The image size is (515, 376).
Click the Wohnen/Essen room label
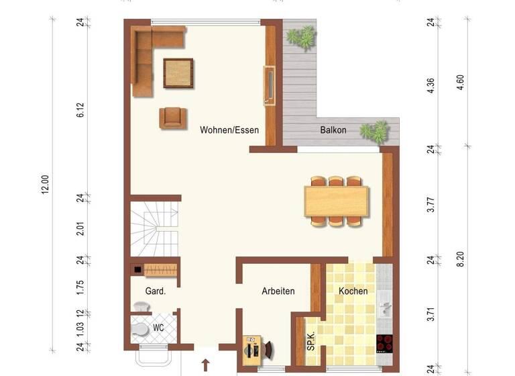[x=229, y=130]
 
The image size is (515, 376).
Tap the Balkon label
[x=333, y=130]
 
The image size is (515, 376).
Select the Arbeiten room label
[x=278, y=291]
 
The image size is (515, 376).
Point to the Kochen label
[x=353, y=291]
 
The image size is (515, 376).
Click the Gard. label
[x=156, y=291]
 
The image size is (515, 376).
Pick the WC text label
[x=158, y=328]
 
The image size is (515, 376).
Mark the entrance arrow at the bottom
[x=205, y=365]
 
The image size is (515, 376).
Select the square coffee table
[x=178, y=73]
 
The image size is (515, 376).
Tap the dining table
[x=337, y=200]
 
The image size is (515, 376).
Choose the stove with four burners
[x=384, y=344]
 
